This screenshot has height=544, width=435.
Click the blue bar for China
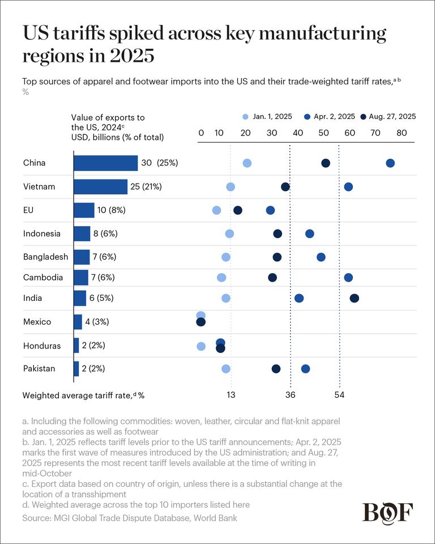tap(106, 163)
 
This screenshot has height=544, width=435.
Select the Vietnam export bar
tap(101, 186)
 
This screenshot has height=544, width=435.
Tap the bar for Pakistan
tap(76, 368)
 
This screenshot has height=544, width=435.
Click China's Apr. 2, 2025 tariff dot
tap(390, 163)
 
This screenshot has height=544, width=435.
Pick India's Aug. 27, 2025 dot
tap(354, 298)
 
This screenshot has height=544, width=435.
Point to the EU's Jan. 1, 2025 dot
tap(216, 210)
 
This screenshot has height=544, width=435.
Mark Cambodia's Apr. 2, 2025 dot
tap(348, 278)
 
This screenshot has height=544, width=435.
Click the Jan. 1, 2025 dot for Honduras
tap(201, 346)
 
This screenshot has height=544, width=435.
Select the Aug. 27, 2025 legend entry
tap(388, 117)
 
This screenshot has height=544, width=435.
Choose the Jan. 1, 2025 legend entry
tap(267, 117)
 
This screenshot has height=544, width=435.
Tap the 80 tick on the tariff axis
tap(402, 133)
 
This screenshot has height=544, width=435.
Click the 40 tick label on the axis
tap(298, 133)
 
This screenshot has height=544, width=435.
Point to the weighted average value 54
tap(339, 395)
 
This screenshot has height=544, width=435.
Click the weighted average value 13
tap(231, 395)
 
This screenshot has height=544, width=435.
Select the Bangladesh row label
tap(45, 257)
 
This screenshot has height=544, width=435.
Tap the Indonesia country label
tap(41, 233)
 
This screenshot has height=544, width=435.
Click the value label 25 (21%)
tap(146, 186)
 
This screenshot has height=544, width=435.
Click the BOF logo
tap(388, 512)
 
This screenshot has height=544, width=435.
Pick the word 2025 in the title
tap(132, 56)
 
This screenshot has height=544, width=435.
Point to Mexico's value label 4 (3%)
tap(97, 322)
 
